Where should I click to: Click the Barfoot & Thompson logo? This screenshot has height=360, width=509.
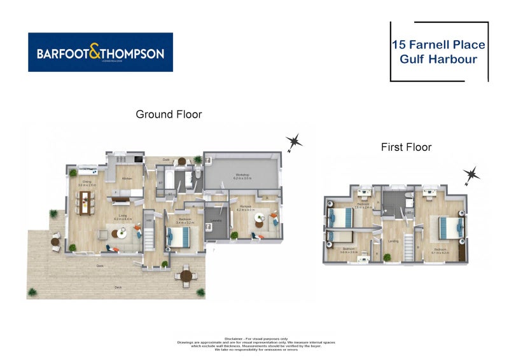pyautogui.click(x=101, y=53)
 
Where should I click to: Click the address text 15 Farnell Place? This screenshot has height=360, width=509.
pyautogui.click(x=438, y=45)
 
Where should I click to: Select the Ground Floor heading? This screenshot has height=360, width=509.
pyautogui.click(x=169, y=114)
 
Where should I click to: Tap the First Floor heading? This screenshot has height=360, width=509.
pyautogui.click(x=406, y=148)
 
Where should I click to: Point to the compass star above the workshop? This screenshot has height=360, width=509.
pyautogui.click(x=293, y=142)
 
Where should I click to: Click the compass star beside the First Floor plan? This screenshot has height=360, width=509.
pyautogui.click(x=471, y=175)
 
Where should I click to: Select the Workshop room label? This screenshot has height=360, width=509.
pyautogui.click(x=242, y=175)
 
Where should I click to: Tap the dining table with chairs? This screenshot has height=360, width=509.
pyautogui.click(x=85, y=202)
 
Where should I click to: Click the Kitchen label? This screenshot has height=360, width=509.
pyautogui.click(x=126, y=179)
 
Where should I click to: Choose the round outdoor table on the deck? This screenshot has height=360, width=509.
pyautogui.click(x=186, y=277)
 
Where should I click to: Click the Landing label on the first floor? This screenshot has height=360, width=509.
pyautogui.click(x=394, y=240)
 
